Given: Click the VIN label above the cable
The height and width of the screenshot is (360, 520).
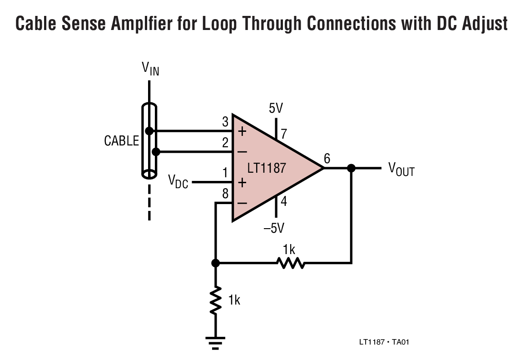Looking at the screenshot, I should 150,69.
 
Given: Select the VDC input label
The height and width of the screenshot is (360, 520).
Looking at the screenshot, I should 178,181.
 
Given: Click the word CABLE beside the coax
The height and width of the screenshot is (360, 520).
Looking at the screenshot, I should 121,141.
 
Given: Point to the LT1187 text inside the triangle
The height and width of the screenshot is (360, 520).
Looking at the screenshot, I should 267,168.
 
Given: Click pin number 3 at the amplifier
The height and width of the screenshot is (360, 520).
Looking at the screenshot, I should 225,122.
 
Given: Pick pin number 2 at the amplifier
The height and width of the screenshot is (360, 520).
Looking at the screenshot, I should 225,143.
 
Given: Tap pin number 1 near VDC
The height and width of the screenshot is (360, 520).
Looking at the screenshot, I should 225,173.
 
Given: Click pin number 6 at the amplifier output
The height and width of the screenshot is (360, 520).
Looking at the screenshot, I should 327,159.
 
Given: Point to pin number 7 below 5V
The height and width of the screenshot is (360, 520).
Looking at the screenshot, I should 284,134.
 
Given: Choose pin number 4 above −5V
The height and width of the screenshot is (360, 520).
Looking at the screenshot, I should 284,201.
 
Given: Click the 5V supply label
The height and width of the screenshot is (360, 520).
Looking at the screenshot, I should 276,108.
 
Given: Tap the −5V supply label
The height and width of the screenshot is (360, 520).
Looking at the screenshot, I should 274,228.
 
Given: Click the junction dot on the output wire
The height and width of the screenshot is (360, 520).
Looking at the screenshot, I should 351,168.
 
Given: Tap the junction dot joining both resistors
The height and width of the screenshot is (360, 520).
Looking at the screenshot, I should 216,263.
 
